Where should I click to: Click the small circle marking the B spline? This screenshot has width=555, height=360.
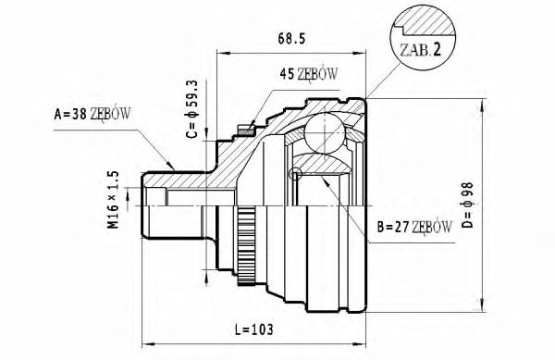(x=296, y=173)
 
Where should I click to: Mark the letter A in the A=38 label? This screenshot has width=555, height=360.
(x=58, y=116)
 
